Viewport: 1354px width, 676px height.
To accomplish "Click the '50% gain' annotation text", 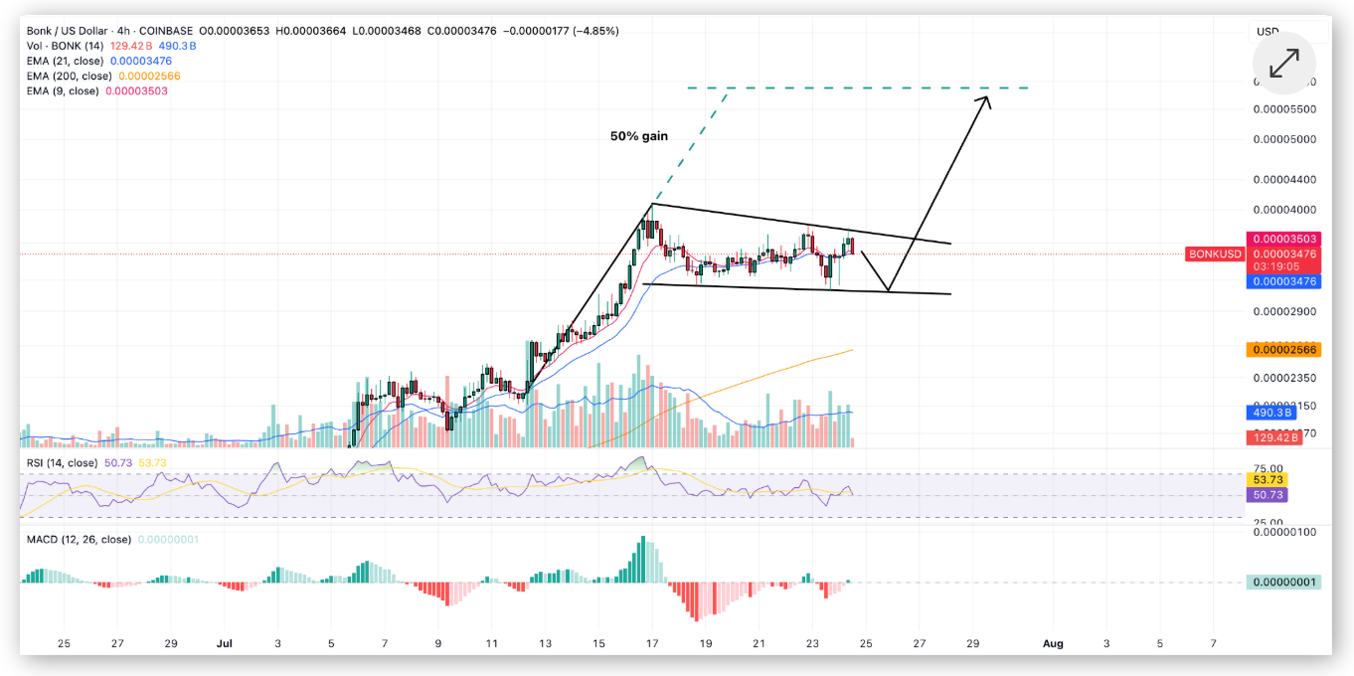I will pyautogui.click(x=639, y=135).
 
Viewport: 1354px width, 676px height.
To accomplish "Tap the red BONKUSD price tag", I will pyautogui.click(x=1215, y=254).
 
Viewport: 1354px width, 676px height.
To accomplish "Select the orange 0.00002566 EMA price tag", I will pyautogui.click(x=1281, y=350).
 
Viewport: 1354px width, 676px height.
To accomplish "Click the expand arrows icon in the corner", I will pyautogui.click(x=1283, y=64).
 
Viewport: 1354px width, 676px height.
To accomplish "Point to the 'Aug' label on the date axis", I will pyautogui.click(x=1053, y=643).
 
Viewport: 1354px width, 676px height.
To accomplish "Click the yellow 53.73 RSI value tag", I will pyautogui.click(x=1267, y=480).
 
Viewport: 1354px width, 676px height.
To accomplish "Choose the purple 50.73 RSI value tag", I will pyautogui.click(x=1267, y=494).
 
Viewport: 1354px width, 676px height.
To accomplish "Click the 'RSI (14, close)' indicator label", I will pyautogui.click(x=61, y=462).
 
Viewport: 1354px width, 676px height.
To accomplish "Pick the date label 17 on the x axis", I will pyautogui.click(x=652, y=643).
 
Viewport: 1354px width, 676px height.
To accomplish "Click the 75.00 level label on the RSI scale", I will pyautogui.click(x=1267, y=468).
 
